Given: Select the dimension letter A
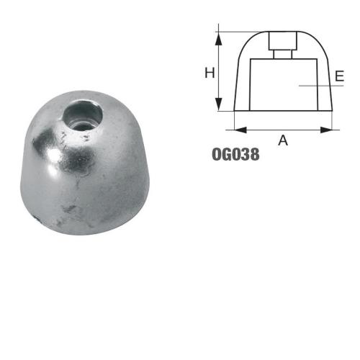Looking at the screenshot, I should click(283, 140).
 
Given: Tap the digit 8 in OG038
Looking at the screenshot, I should click(255, 154).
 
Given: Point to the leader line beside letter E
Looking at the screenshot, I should click(317, 86).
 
